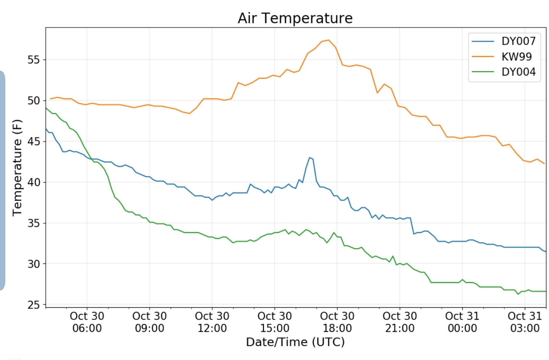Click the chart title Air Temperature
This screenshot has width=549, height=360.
coord(295,18)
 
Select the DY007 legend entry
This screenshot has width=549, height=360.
coord(518,41)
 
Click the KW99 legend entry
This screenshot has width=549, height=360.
coord(516,57)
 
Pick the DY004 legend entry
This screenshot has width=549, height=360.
coord(518,72)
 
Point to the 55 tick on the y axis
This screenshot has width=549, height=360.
coord(34,60)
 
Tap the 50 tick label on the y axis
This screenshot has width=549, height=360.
coord(34,100)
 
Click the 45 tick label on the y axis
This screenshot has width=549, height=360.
coord(34,141)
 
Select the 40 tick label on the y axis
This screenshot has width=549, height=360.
coord(34,182)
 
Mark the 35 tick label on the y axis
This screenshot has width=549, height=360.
coord(34,223)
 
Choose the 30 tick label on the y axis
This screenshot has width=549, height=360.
coord(34,264)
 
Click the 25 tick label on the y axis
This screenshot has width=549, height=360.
coord(34,305)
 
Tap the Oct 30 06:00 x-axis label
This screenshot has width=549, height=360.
coord(87,322)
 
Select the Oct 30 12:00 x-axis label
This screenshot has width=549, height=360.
coord(212,322)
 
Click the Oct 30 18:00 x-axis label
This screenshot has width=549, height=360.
coord(337,322)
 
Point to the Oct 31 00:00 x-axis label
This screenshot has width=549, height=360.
coord(462,322)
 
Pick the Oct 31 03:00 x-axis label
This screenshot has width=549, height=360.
coord(525,322)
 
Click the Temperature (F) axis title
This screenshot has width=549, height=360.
coord(17,168)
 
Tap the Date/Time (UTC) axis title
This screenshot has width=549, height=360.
coord(295,342)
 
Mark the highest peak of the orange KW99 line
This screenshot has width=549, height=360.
coord(328,40)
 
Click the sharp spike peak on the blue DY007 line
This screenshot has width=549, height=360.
coord(310,158)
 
